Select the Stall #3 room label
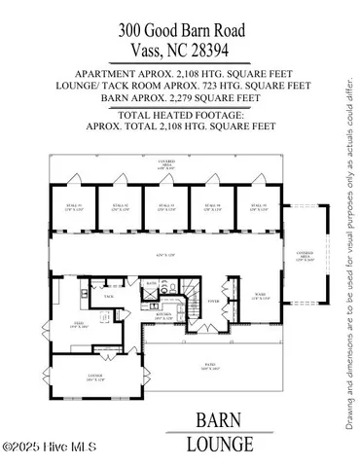[x=165, y=207]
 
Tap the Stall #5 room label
[x=257, y=207]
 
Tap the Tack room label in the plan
[x=108, y=298]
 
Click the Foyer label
[x=211, y=302]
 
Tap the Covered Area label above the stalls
[x=166, y=166]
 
